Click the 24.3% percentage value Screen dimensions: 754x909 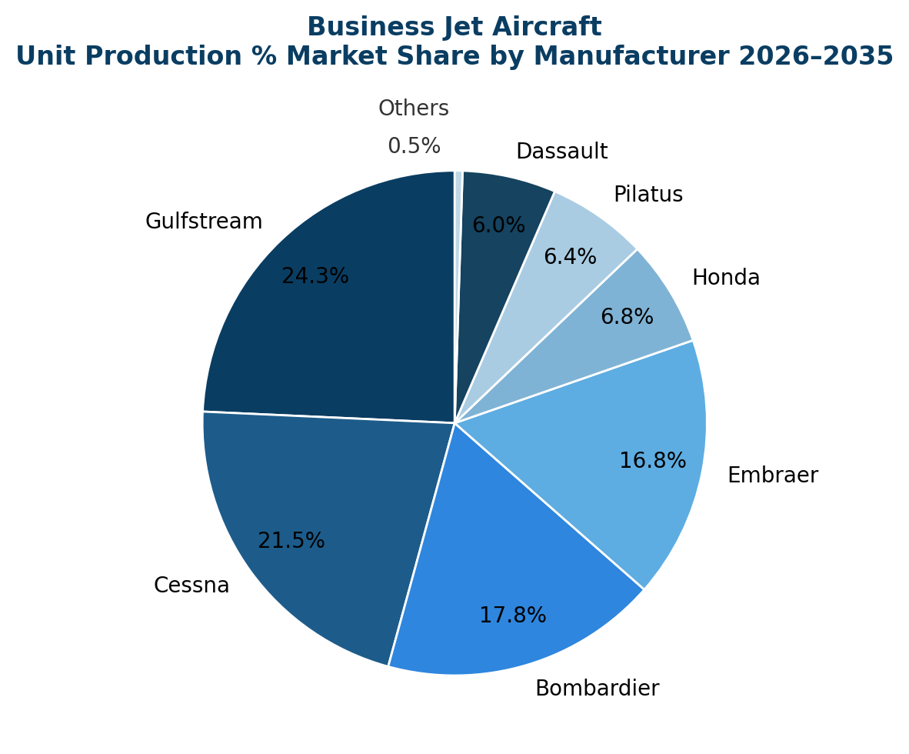[315, 276]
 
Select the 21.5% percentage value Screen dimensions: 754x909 [291, 541]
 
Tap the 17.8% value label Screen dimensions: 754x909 [513, 616]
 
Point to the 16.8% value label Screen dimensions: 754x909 [653, 461]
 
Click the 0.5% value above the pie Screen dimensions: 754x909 [414, 146]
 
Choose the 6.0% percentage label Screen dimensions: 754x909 [498, 225]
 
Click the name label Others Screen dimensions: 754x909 [414, 108]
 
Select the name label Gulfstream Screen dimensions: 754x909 [204, 222]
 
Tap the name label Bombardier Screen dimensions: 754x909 [598, 689]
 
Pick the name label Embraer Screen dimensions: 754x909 [773, 475]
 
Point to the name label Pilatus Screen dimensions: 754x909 [648, 195]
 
